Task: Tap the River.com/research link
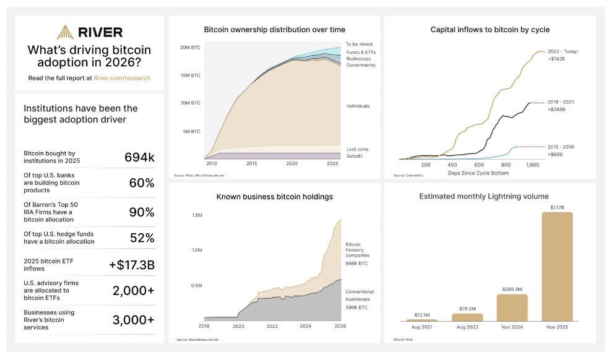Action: [122, 79]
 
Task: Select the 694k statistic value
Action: [139, 158]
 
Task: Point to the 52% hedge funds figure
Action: [142, 238]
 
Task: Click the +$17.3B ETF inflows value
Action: [132, 265]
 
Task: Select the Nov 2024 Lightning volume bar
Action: [512, 307]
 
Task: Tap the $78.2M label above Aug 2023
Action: [467, 309]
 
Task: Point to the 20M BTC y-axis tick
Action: [189, 48]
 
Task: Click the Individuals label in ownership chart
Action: [358, 106]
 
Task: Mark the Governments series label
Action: [361, 65]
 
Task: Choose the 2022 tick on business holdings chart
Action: [273, 326]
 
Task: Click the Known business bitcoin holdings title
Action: [274, 197]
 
